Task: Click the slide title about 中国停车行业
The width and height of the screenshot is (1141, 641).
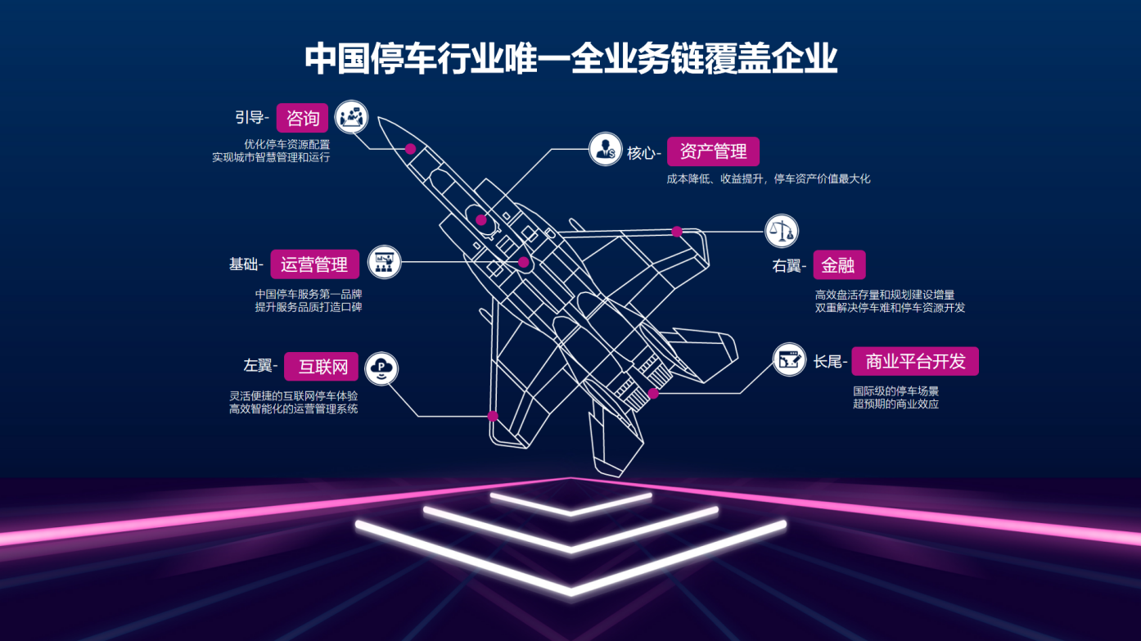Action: [570, 59]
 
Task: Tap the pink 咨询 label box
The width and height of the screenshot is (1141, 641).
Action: [303, 118]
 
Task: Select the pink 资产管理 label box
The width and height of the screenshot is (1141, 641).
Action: [713, 151]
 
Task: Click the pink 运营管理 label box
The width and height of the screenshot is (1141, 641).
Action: [314, 264]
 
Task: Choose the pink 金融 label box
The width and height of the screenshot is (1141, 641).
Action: [839, 264]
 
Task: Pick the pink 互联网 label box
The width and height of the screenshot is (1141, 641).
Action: [321, 367]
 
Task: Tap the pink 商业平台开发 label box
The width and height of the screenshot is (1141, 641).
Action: [915, 361]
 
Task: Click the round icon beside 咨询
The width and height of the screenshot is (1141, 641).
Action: [351, 117]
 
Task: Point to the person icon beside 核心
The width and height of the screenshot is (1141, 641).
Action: [605, 149]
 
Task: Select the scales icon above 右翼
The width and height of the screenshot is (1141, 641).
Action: [782, 231]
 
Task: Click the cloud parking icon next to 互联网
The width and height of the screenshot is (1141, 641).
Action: [381, 368]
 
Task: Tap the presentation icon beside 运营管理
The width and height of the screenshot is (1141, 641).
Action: [384, 262]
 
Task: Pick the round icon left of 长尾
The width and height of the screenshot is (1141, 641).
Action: [789, 359]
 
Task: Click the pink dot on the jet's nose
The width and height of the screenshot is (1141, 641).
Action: [411, 149]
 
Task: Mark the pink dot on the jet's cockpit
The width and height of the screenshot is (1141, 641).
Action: [480, 220]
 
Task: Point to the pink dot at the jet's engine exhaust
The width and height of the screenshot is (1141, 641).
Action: [653, 394]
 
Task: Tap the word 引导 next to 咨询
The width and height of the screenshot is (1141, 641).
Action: [249, 118]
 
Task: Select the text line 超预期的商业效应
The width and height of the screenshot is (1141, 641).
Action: [895, 404]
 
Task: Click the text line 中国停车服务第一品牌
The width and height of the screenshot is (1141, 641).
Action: [309, 294]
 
